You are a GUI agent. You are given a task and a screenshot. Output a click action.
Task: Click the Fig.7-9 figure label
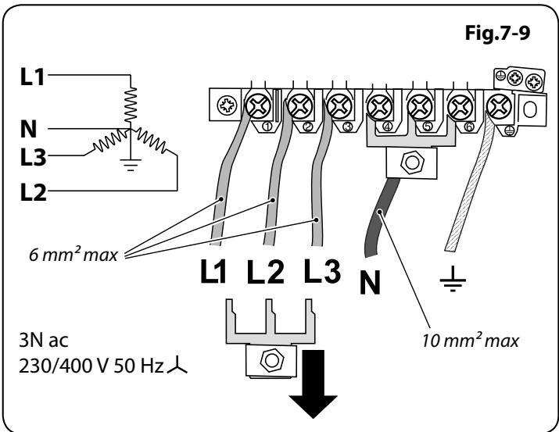[x=497, y=33]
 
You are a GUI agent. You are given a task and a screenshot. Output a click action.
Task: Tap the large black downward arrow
[x=313, y=384]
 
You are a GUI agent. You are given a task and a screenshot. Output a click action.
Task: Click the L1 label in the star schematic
[x=32, y=77]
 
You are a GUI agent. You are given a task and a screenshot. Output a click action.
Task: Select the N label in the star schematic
[x=28, y=129]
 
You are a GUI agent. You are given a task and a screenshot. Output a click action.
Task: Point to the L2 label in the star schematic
[x=33, y=192]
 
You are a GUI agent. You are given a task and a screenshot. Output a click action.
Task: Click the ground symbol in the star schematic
[x=131, y=164]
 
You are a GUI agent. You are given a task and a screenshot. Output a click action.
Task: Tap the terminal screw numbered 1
[x=258, y=105]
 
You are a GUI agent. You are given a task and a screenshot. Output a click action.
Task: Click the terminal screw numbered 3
[x=339, y=105]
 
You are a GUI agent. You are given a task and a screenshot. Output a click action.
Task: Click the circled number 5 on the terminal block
[x=428, y=127]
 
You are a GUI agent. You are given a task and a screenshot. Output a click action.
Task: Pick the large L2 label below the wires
[x=266, y=272]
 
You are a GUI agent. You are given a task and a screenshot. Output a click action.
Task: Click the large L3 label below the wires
[x=322, y=271]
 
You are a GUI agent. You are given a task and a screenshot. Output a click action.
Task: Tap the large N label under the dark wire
[x=370, y=282]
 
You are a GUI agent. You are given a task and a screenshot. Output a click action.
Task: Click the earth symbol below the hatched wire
[x=453, y=279]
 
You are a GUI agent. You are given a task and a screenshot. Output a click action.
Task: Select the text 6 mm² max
[x=73, y=254]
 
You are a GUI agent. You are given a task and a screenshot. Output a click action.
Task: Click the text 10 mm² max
[x=471, y=339]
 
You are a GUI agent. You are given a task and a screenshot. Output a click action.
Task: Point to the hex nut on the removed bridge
[x=271, y=360]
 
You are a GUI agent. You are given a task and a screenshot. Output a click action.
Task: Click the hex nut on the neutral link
[x=412, y=162]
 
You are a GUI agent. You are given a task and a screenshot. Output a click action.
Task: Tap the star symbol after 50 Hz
[x=177, y=367]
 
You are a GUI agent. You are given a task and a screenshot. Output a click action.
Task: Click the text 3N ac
[x=43, y=340]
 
